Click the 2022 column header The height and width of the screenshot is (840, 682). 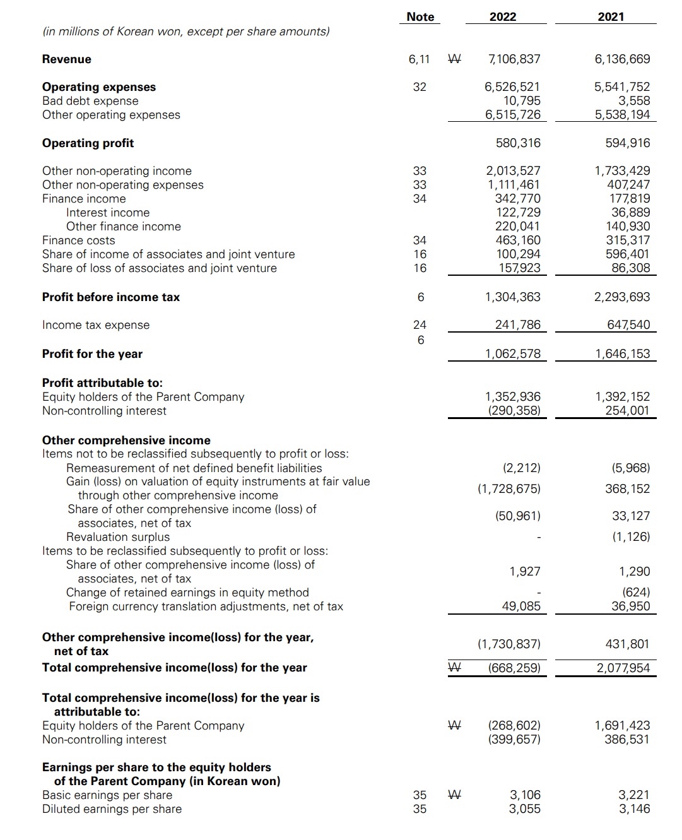coord(502,17)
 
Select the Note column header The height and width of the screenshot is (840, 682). coord(420,17)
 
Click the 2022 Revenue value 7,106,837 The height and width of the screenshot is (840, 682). coord(514,59)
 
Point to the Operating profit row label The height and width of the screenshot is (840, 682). coord(88,143)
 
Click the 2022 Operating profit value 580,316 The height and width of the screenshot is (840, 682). coord(517,143)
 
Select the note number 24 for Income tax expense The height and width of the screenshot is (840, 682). coord(420,325)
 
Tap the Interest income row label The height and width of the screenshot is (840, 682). coord(108,213)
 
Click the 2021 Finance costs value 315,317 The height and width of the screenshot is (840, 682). coord(627,240)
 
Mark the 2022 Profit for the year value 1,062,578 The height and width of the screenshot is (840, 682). coord(512,354)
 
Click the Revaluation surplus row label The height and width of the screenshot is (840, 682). coord(118,537)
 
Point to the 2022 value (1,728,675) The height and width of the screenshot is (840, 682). coord(509,489)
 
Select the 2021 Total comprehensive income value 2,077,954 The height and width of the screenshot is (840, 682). coord(623,668)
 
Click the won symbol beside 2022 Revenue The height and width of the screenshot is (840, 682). coord(454,59)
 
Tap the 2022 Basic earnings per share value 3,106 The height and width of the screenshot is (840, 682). coord(524,795)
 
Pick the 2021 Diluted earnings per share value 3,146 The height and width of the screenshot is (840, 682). coord(634,809)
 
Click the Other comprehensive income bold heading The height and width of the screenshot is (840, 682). coord(126,441)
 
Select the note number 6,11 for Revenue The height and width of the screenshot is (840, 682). coord(419,59)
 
